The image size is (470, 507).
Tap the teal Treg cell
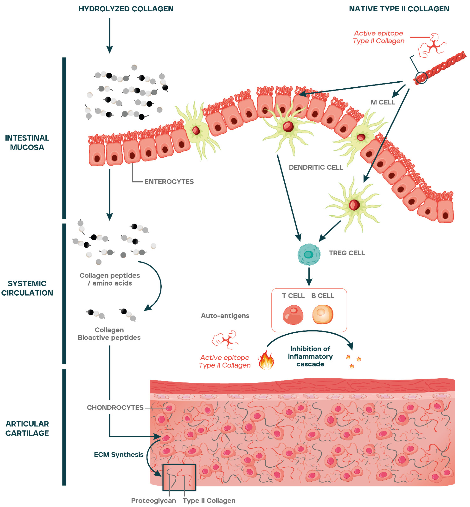click(x=309, y=254)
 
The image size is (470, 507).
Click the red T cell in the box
click(x=293, y=315)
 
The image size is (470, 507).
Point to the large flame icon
click(x=266, y=360)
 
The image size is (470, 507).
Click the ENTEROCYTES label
click(x=169, y=182)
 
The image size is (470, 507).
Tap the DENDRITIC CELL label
click(x=316, y=167)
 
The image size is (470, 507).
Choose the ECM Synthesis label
click(x=119, y=454)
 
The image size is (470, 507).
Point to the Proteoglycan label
click(x=153, y=500)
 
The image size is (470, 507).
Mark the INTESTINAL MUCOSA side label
click(x=27, y=143)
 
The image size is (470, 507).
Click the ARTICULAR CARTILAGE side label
click(x=27, y=428)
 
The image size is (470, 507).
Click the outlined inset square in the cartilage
click(x=179, y=477)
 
